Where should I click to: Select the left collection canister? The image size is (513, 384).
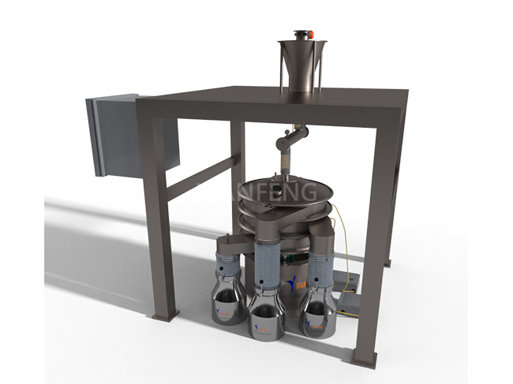point(227,300)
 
